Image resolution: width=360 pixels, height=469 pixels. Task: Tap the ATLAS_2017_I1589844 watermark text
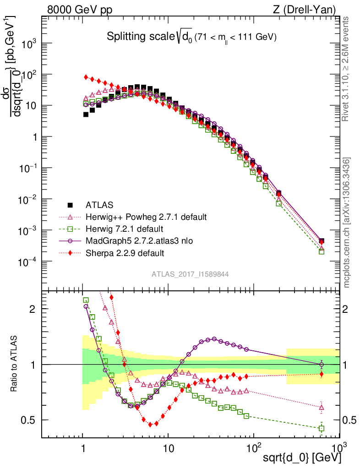click(190, 274)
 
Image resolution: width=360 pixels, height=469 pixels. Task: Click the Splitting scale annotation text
click(191, 37)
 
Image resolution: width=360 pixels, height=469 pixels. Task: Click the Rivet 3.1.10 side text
click(348, 69)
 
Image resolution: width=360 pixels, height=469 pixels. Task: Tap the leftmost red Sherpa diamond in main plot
click(86, 77)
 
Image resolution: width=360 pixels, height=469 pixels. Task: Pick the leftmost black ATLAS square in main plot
click(86, 115)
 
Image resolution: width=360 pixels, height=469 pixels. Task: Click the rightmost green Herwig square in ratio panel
click(322, 428)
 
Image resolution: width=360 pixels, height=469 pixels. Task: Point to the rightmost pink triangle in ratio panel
click(322, 407)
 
